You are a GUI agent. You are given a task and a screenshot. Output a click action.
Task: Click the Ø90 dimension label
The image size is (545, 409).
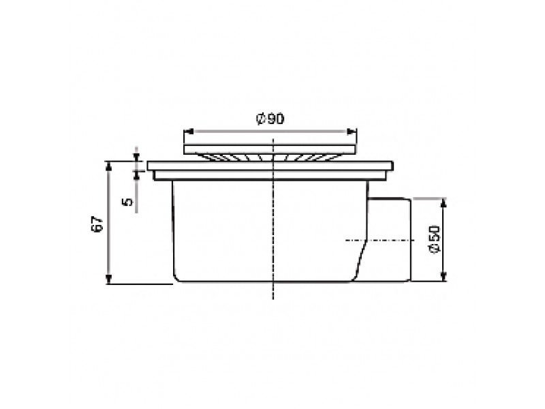pos(270,119)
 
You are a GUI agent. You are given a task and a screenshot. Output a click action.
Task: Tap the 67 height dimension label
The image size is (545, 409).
pos(97,224)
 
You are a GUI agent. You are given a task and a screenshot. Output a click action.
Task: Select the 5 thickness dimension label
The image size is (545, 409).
pos(128,201)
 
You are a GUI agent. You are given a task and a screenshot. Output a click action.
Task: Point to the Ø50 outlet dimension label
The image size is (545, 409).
pos(435,239)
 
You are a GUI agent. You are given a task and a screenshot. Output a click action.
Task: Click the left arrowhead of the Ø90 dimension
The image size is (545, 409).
pos(189,132)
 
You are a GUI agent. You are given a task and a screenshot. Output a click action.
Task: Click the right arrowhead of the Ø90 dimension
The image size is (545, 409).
pos(352,132)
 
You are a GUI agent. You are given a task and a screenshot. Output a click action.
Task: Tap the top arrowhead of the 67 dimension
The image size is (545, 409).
pos(109,166)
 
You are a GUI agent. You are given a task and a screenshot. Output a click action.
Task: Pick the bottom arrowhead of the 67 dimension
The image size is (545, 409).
pos(109,279)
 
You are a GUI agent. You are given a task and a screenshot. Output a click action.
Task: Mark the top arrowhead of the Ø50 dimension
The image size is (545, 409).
pos(443,203)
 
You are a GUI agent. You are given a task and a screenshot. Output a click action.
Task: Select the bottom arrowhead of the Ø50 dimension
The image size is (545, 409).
pos(443,276)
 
